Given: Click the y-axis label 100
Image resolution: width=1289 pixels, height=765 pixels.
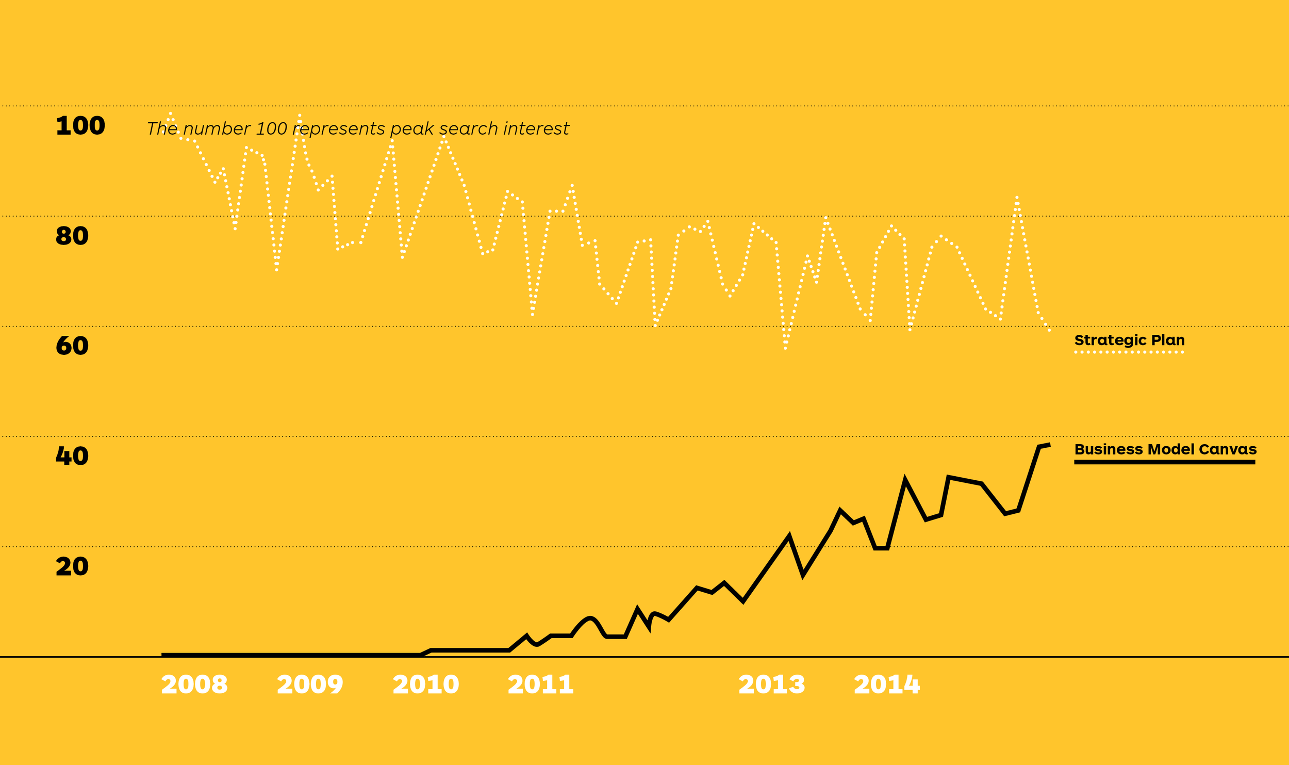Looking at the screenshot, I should click(x=80, y=126).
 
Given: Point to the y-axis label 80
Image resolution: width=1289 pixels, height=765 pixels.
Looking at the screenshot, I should click(x=72, y=236).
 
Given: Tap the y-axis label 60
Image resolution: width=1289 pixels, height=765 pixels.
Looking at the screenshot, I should click(x=72, y=346).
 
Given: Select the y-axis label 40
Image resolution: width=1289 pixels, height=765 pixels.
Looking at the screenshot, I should click(x=72, y=456).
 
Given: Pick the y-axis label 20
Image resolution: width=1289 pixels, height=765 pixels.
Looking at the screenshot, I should click(x=72, y=566).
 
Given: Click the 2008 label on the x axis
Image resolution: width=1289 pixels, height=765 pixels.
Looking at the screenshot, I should click(x=194, y=685).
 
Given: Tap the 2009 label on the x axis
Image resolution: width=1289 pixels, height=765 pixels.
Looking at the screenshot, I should click(x=310, y=685).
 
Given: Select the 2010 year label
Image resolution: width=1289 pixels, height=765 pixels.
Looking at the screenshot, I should click(x=426, y=685).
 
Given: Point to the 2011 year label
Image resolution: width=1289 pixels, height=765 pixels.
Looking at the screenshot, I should click(x=541, y=685).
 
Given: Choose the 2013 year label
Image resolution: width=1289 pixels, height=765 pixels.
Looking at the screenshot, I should click(x=772, y=685).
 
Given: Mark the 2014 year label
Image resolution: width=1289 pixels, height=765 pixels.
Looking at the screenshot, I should click(x=887, y=685).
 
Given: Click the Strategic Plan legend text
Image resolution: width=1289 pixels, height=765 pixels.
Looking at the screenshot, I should click(x=1130, y=340).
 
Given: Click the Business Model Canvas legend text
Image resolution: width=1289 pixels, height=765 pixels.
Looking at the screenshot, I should click(x=1166, y=449).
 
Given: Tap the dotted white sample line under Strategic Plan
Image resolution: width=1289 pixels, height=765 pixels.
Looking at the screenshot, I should click(x=1129, y=352).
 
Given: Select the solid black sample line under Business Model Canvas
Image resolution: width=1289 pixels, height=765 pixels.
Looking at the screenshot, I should click(x=1165, y=462).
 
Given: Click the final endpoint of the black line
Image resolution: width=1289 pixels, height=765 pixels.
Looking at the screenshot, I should click(x=1049, y=445).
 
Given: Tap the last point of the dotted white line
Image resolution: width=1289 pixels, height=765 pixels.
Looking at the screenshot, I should click(x=1049, y=330).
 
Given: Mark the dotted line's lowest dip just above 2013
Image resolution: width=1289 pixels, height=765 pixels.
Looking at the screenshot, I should click(x=785, y=348).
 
